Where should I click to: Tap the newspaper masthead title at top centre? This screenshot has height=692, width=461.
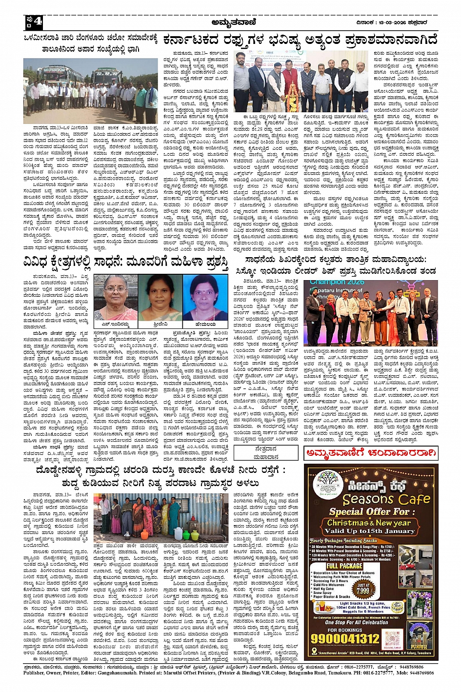(234, 22)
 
